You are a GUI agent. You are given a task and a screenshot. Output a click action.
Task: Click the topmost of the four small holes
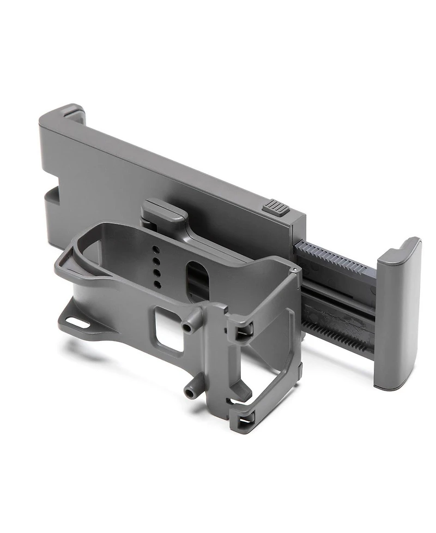point(155,249)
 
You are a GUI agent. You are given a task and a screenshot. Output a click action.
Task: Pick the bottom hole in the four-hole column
point(158,284)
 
